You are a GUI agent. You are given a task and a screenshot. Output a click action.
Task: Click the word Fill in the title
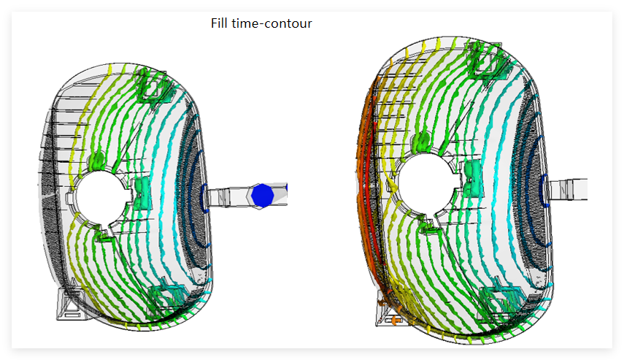219,23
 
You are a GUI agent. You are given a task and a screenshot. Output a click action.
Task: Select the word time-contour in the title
271,23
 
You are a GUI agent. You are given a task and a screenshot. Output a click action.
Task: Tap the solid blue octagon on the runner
262,196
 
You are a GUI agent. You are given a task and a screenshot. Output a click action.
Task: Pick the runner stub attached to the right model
568,190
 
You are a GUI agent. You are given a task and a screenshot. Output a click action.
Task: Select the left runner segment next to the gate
219,197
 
